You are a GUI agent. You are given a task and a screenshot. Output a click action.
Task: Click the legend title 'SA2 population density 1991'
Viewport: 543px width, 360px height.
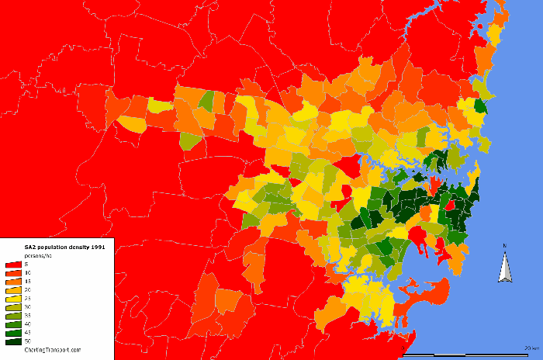[54, 246]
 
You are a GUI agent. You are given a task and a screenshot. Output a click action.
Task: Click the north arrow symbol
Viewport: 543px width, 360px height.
[505, 268]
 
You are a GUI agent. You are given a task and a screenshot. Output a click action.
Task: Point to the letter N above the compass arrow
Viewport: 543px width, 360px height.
[505, 247]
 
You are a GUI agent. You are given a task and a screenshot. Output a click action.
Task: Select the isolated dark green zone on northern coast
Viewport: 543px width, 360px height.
[480, 106]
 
